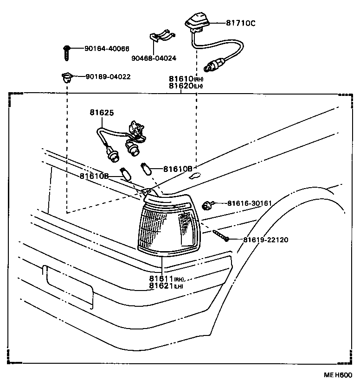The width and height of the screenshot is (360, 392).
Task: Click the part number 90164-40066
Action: tap(107, 49)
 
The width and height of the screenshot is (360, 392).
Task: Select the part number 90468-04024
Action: tap(154, 58)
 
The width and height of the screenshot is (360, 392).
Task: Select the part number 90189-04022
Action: tap(108, 76)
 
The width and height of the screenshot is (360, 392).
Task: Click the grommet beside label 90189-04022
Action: tap(67, 76)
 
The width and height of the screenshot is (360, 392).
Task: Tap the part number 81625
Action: tap(101, 113)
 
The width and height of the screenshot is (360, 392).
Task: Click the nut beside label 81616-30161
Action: tap(208, 204)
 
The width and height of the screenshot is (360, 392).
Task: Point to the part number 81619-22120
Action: tap(266, 240)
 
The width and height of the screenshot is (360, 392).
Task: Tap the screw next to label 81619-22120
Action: tap(221, 236)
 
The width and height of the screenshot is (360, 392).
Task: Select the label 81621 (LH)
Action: tap(167, 286)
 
